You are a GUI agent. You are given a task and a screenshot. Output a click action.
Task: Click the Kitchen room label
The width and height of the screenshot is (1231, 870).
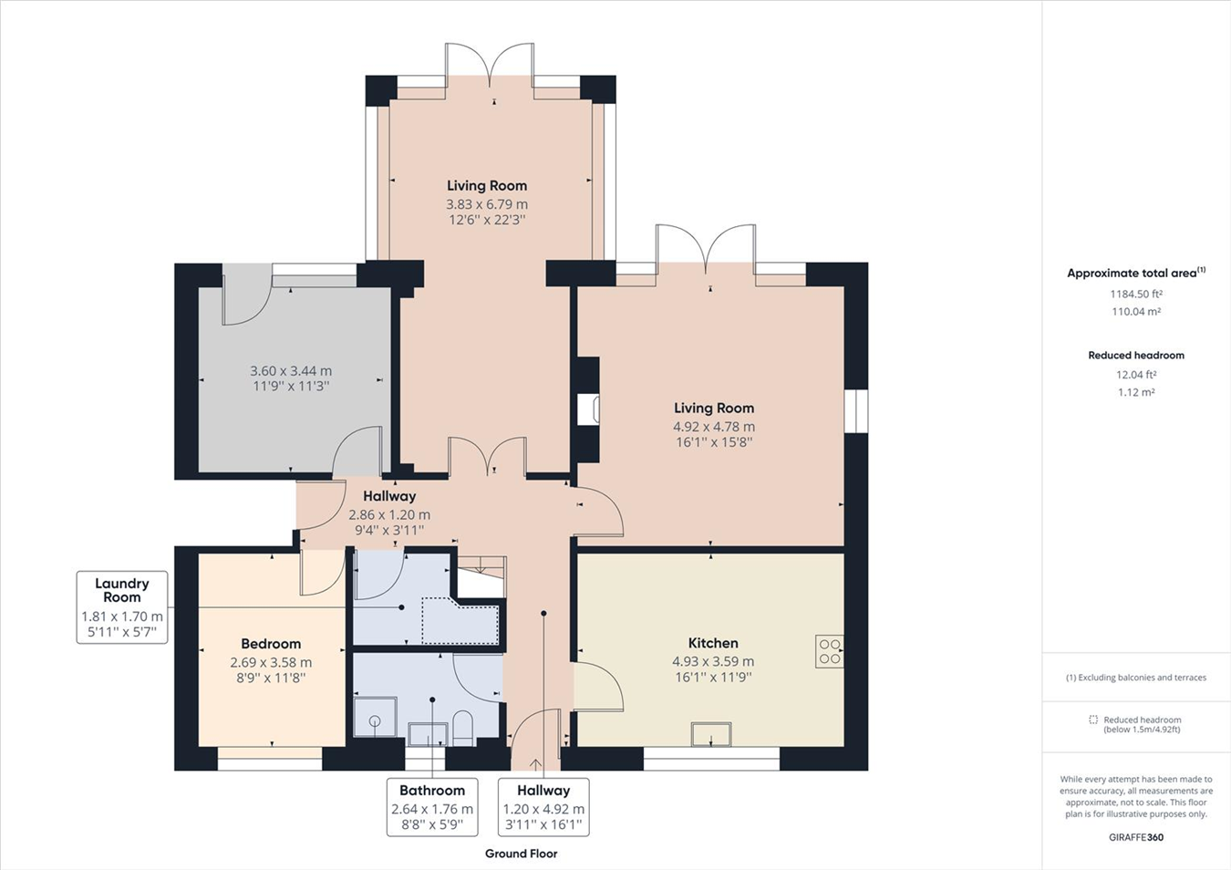(x=713, y=643)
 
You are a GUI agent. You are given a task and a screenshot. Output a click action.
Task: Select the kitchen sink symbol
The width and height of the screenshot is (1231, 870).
(x=711, y=734)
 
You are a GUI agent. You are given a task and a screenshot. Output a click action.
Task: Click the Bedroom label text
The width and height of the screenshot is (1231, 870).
(x=271, y=644)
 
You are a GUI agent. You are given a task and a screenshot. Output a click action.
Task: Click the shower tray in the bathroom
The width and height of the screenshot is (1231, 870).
(x=375, y=718)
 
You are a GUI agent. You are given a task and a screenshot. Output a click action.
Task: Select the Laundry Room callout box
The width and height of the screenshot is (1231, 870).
(x=122, y=607)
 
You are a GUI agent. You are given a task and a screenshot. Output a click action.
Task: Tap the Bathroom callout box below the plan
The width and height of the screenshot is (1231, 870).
(x=432, y=807)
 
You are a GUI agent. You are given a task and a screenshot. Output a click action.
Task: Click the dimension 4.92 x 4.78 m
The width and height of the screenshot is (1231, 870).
(x=714, y=427)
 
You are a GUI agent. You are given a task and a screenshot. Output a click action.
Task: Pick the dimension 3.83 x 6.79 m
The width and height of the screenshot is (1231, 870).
(x=487, y=204)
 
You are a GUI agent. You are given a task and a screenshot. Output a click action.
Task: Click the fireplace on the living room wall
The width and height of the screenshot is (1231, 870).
(x=588, y=409)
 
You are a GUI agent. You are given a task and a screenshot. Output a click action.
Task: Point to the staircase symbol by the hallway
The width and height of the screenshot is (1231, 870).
(x=481, y=575)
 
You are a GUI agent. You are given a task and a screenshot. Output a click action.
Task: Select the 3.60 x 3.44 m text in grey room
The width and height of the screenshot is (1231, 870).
(x=291, y=371)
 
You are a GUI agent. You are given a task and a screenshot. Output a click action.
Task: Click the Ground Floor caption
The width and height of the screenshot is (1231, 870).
(x=521, y=854)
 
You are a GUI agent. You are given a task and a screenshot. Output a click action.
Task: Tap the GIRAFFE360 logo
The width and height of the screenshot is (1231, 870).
(x=1135, y=837)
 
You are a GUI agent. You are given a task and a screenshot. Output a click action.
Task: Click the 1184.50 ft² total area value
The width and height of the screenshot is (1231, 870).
(x=1135, y=294)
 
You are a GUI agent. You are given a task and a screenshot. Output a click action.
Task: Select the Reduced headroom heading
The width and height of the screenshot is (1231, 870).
(x=1135, y=356)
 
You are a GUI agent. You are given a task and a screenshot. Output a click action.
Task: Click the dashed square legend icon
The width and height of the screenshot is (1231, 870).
(x=1093, y=720)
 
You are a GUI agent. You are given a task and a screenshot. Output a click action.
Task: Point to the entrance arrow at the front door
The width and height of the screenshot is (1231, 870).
(x=535, y=763)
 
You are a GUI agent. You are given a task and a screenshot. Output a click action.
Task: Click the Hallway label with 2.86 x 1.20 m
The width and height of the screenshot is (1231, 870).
(x=389, y=496)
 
